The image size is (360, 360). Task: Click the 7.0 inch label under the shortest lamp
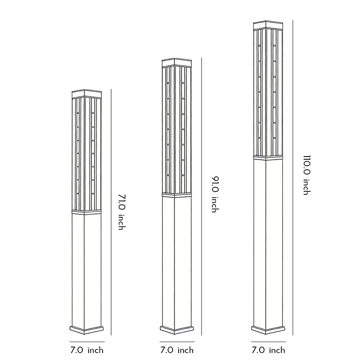(87, 350)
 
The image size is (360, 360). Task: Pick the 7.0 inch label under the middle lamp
(177, 350)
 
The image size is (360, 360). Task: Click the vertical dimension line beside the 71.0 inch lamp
(111, 211)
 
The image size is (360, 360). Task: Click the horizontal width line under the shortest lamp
(87, 342)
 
